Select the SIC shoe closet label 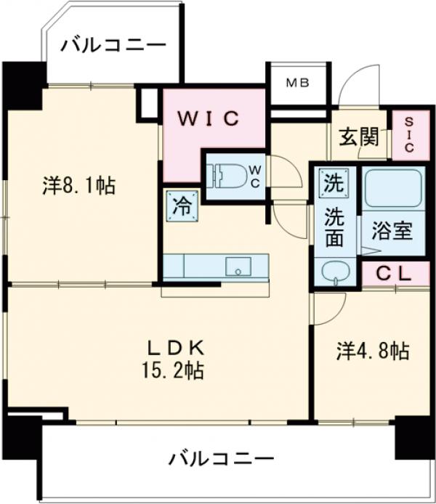(x=408, y=136)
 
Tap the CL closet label (x=394, y=274)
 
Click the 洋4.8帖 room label (x=372, y=351)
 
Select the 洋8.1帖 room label (x=78, y=187)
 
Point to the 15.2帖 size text (x=171, y=372)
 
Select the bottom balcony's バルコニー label (x=222, y=459)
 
